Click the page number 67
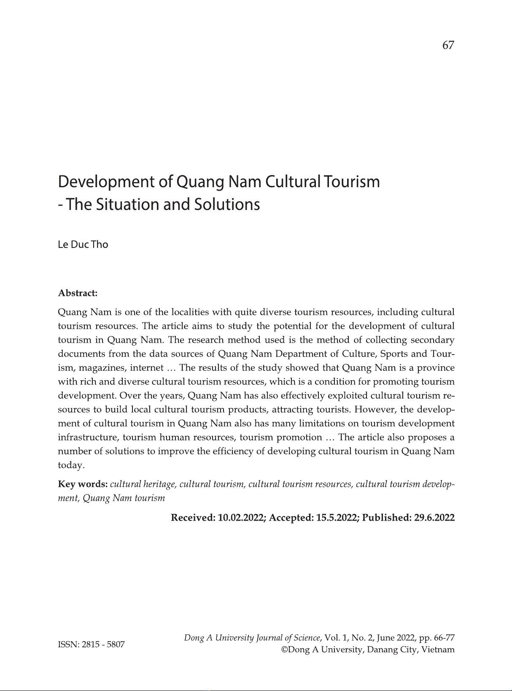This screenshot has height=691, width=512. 448,45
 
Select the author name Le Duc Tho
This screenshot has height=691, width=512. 83,245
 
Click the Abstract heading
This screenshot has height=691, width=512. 78,293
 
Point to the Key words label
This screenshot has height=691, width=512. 83,484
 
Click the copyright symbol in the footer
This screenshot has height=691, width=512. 285,650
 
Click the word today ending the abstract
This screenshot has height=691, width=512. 71,465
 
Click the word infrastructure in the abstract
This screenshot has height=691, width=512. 87,437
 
